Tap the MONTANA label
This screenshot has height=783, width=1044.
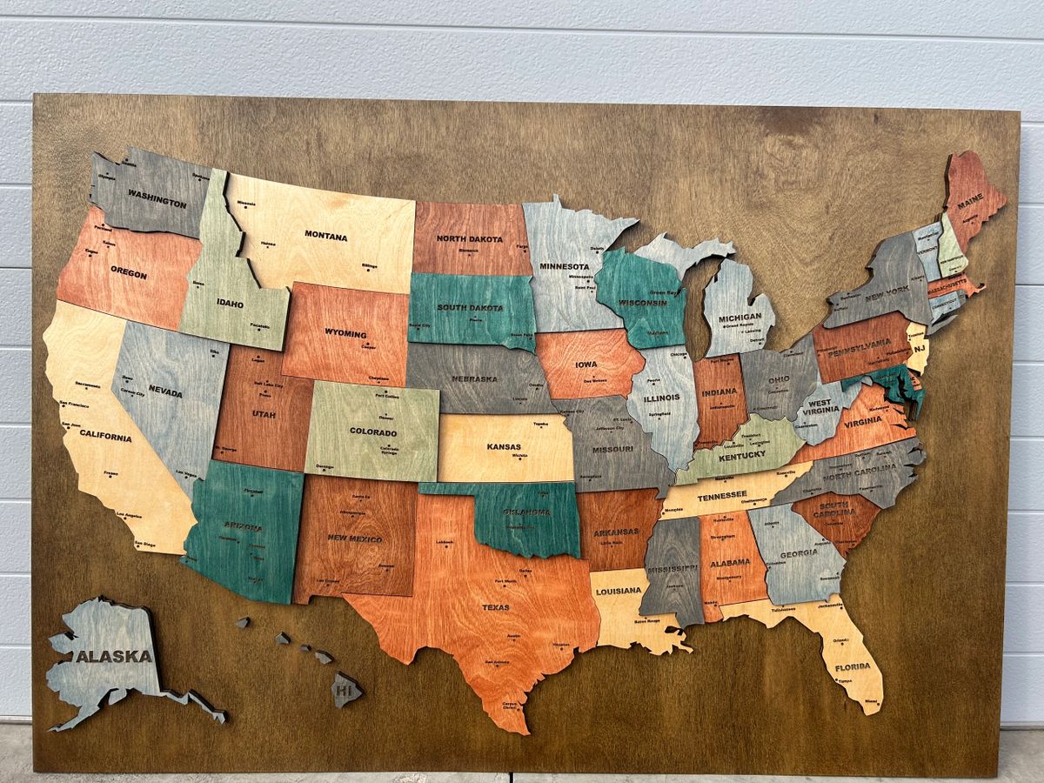(325, 236)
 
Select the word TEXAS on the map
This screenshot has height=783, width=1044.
(496, 607)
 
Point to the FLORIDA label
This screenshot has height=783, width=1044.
(853, 667)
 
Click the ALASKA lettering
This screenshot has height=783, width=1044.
(113, 657)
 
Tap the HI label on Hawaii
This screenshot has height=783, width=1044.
(345, 690)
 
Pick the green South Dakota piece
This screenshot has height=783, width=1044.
(471, 310)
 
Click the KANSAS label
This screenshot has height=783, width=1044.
(504, 446)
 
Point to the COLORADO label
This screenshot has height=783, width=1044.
(372, 432)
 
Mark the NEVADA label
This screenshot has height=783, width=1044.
(165, 392)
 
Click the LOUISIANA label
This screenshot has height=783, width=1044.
(619, 591)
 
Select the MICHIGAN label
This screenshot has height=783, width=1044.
(739, 318)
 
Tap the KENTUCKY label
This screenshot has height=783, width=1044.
(742, 454)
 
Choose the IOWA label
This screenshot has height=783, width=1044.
(586, 366)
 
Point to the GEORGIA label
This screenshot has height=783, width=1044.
(798, 553)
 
